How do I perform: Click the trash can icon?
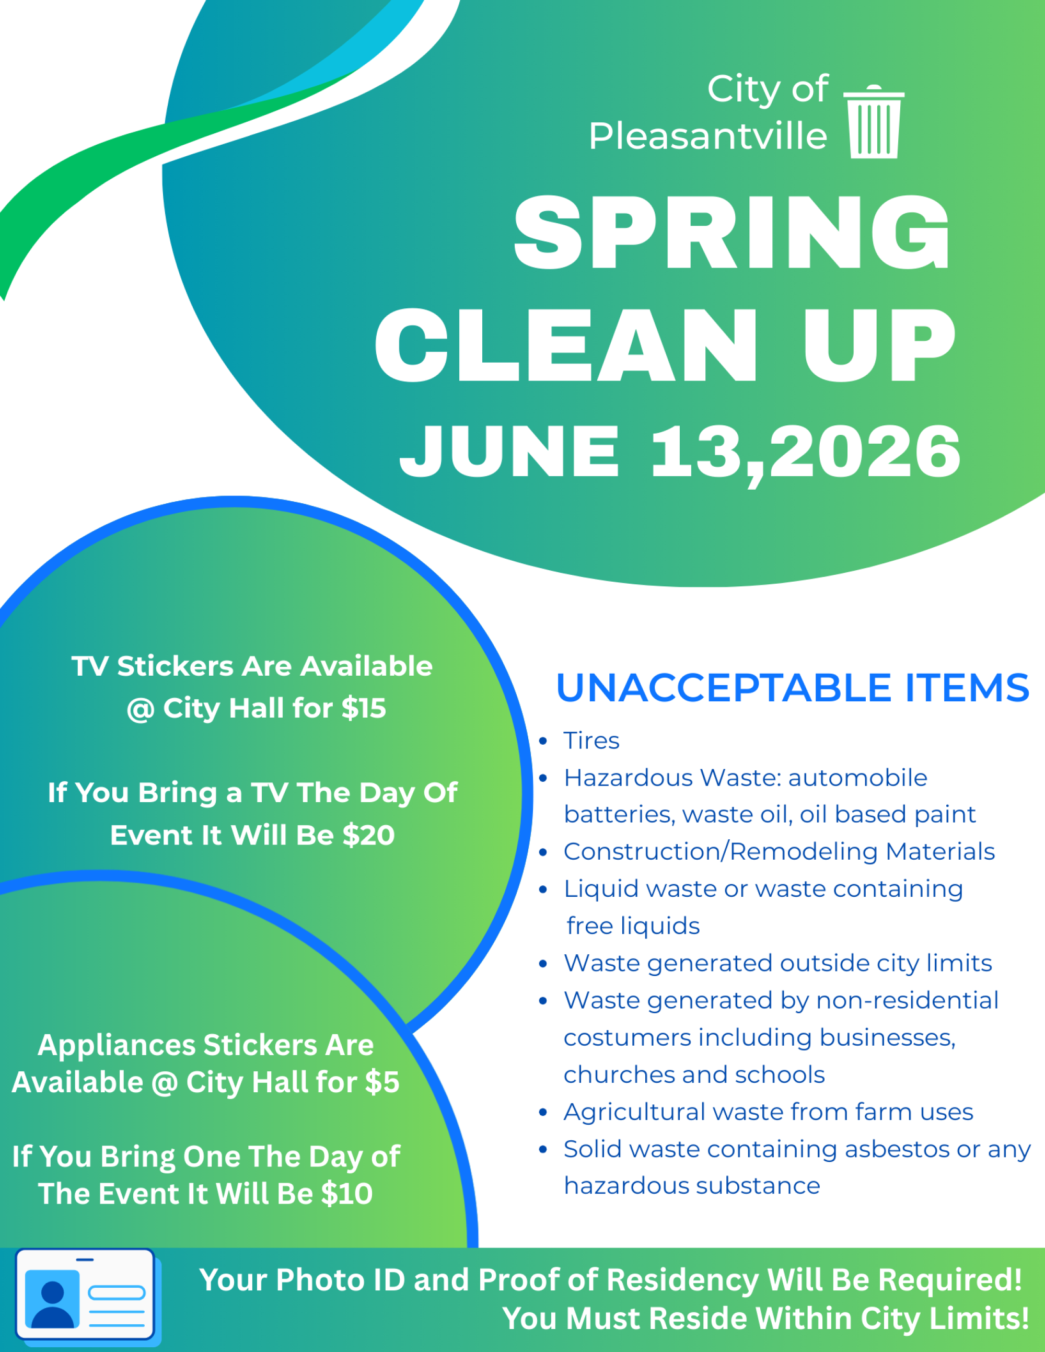(x=874, y=121)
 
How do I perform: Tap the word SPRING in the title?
(x=731, y=232)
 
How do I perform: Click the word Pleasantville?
(x=707, y=136)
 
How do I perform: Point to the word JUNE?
(x=509, y=452)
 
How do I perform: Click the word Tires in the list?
(x=591, y=741)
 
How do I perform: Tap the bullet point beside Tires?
(x=543, y=741)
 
